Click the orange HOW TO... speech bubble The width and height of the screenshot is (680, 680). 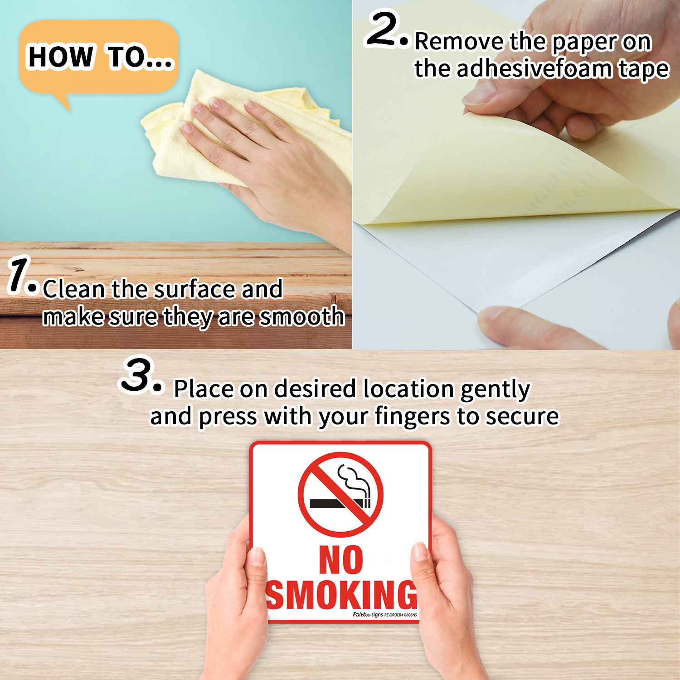[99, 57]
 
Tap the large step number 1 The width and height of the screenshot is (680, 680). [18, 275]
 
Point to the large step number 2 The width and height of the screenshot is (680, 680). [383, 29]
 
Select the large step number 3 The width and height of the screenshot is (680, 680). [137, 375]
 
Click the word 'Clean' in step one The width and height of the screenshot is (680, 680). [73, 289]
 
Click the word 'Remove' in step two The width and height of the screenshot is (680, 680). [459, 42]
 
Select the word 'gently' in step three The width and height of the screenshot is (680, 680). [495, 389]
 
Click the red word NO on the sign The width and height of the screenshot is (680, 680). [341, 560]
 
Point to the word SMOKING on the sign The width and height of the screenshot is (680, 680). [341, 595]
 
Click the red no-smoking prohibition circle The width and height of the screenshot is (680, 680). [340, 495]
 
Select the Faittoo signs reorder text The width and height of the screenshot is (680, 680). [385, 615]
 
